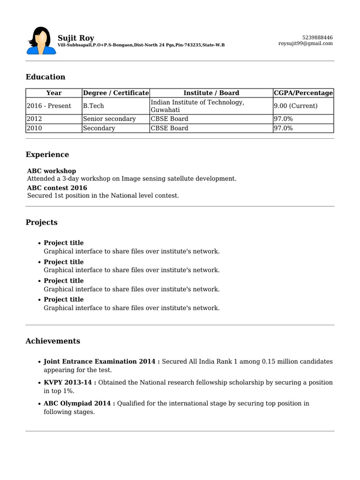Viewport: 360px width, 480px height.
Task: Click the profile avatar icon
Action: pos(41,41)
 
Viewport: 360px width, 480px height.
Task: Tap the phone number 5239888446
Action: pos(318,37)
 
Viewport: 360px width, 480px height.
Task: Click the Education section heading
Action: pos(45,77)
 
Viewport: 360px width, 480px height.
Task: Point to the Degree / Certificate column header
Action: pos(116,93)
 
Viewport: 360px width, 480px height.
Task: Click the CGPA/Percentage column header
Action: pos(303,93)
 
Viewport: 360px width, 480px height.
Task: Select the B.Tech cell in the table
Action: pos(94,106)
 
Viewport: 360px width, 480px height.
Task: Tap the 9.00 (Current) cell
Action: pos(295,106)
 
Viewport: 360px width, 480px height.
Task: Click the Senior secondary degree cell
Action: pos(109,119)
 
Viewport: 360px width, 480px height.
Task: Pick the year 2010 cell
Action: pos(34,128)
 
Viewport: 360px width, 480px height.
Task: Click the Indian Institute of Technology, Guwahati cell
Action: pos(197,106)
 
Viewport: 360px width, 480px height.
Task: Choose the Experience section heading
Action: pos(47,155)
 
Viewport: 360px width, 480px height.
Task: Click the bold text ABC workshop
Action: pos(52,171)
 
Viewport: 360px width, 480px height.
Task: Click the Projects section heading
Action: pos(42,222)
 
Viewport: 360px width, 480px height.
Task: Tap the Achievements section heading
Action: pos(53,341)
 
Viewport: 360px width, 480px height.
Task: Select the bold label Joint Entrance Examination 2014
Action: pos(101,362)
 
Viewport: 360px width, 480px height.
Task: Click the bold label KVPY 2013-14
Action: pos(70,382)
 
